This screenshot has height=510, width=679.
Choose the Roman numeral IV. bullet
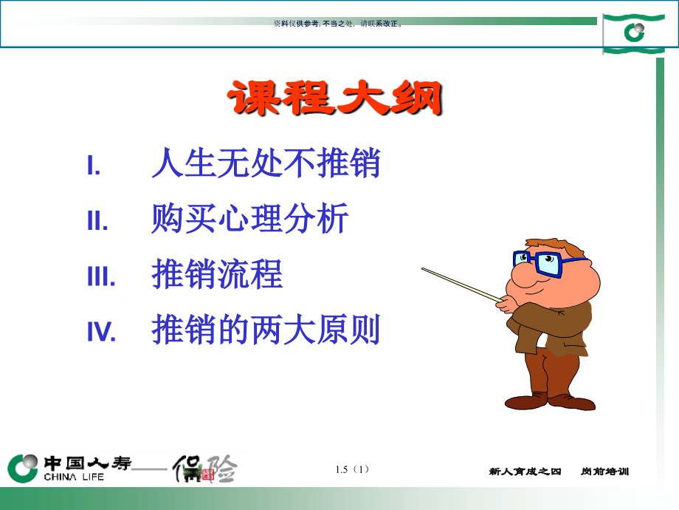[102, 333]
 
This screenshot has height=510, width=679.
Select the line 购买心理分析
[249, 220]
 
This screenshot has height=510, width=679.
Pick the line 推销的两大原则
[266, 330]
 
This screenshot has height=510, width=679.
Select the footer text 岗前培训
[604, 472]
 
